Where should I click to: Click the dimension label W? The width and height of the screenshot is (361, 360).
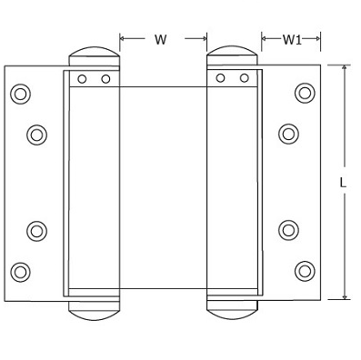click(x=161, y=40)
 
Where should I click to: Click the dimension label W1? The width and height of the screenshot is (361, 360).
click(x=292, y=40)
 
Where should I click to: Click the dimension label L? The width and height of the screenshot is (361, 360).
click(x=343, y=183)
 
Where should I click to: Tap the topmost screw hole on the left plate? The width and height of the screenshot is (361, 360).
click(x=20, y=94)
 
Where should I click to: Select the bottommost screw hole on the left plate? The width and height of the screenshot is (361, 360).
click(x=20, y=272)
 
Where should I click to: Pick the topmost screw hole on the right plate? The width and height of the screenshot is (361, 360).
click(x=305, y=93)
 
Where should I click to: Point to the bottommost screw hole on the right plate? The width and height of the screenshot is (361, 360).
click(x=305, y=271)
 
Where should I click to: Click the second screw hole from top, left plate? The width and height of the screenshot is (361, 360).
click(x=36, y=135)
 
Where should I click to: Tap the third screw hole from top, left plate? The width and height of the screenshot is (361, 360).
click(x=36, y=231)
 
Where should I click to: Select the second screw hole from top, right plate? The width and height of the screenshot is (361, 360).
click(x=288, y=134)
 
